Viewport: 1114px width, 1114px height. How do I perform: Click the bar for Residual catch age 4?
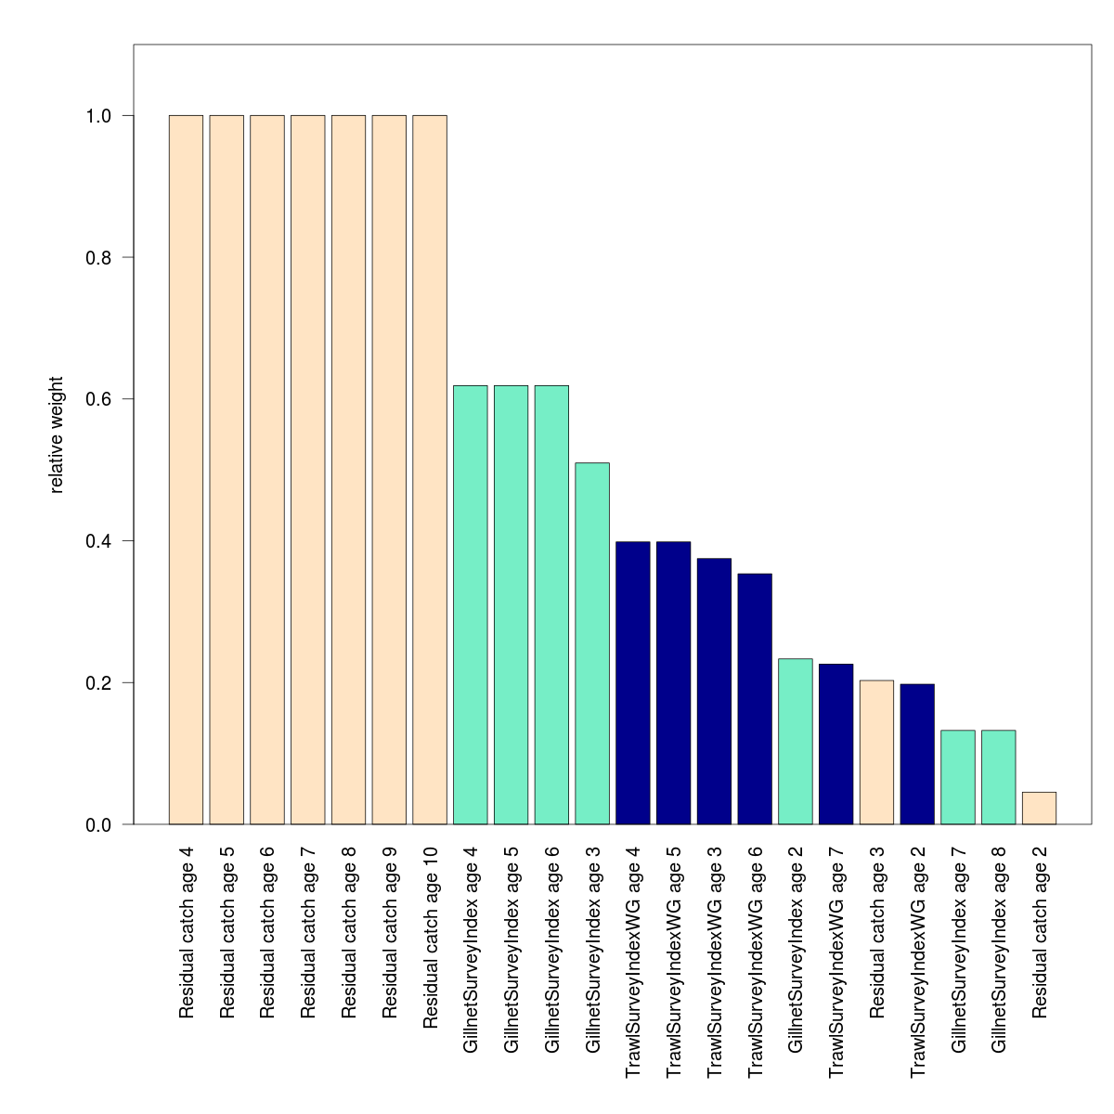186,470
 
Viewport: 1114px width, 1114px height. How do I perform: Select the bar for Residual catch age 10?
430,470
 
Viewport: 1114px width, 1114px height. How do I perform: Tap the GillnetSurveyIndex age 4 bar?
471,605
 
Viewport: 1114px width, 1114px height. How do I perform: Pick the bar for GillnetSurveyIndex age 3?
592,643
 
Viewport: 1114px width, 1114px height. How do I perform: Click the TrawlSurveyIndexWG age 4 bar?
633,683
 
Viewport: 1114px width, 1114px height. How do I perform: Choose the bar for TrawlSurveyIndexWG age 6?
755,699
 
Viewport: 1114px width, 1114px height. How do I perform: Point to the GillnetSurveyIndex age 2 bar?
796,742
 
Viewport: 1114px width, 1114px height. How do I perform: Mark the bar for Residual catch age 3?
876,753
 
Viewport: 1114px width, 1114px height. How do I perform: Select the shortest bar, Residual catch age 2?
1039,809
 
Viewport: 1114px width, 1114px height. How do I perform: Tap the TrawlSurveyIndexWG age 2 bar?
917,755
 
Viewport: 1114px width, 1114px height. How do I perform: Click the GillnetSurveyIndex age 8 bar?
998,778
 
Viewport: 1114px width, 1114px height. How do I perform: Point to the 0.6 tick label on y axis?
98,399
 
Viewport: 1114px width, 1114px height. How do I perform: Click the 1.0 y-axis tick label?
98,116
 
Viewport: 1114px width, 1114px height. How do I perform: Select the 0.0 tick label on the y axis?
98,824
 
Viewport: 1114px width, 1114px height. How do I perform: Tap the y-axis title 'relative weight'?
57,434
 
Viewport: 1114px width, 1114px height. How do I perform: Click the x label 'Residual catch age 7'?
308,931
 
